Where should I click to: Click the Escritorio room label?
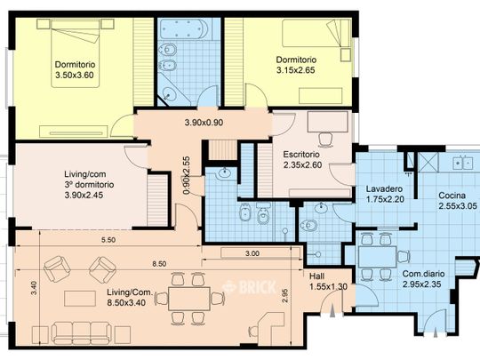301,155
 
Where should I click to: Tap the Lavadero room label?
384,188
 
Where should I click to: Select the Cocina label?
452,196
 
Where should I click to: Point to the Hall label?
316,276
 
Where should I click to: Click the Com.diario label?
423,274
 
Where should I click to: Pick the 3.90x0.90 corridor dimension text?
204,123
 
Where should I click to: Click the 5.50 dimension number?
108,240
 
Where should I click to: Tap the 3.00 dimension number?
252,253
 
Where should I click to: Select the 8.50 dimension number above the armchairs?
159,264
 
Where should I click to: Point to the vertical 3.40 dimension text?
35,288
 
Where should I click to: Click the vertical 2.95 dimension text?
285,296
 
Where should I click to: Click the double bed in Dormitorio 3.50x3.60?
76,53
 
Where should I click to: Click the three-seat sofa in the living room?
82,332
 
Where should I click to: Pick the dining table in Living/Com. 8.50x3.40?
189,299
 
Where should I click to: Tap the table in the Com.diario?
377,257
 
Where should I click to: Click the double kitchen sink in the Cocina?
463,163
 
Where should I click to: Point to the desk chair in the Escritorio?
325,139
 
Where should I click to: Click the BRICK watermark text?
251,287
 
